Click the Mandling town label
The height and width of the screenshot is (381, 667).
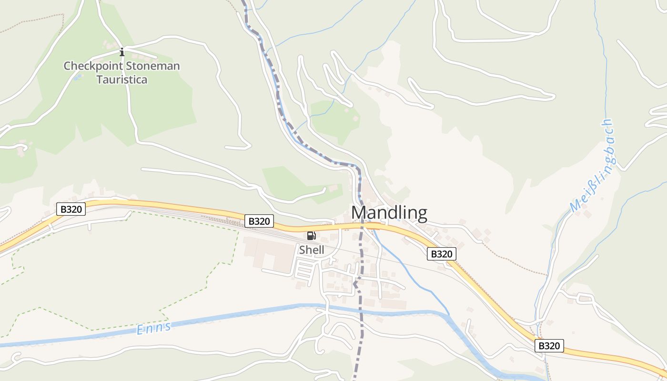(x=389, y=212)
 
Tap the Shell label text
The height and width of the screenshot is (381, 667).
(x=312, y=250)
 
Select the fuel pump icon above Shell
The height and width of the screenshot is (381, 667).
(x=311, y=235)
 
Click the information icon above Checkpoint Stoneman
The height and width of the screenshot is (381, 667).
(x=122, y=51)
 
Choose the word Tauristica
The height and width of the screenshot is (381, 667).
(x=122, y=79)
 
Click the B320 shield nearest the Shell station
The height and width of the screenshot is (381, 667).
(x=259, y=221)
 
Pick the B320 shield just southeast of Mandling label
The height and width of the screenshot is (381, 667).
(x=441, y=254)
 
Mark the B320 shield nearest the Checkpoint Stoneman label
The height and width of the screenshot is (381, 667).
(x=71, y=209)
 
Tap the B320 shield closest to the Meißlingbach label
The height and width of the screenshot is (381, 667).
(x=549, y=346)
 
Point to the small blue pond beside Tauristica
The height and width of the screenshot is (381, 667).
(x=77, y=78)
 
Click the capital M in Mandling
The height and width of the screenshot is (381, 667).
(x=359, y=212)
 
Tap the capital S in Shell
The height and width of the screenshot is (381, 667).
(x=302, y=250)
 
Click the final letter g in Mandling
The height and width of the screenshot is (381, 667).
(x=421, y=214)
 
